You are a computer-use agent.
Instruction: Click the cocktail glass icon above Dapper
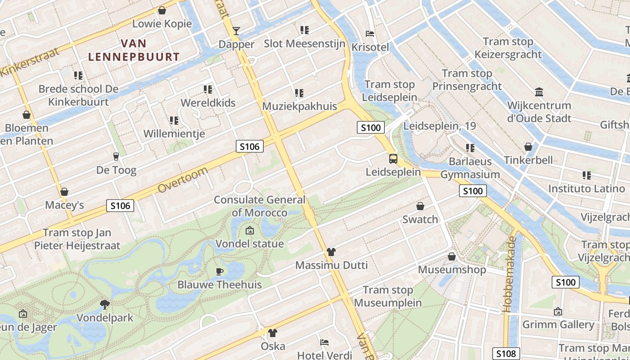(x=236, y=31)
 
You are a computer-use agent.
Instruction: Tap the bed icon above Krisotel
(x=370, y=33)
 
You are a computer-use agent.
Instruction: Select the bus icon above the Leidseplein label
(x=393, y=158)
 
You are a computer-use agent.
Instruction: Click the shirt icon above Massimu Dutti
(x=331, y=252)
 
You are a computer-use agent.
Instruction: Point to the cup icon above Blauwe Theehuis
(x=219, y=271)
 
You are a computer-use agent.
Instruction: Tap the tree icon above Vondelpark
(x=105, y=304)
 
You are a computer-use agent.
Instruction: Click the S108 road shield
(x=506, y=354)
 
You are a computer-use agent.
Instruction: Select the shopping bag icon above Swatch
(x=420, y=206)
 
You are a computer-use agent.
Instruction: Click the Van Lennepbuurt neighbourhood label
(x=134, y=50)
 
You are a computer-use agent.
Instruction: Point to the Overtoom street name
(x=183, y=180)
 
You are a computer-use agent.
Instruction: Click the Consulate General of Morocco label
(x=260, y=206)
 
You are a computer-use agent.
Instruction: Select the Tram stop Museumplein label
(x=388, y=296)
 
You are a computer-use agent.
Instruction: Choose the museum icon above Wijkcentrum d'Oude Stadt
(x=539, y=92)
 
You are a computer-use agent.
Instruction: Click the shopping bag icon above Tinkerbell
(x=528, y=147)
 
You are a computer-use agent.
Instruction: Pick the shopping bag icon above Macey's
(x=64, y=192)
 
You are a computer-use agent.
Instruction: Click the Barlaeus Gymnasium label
(x=470, y=168)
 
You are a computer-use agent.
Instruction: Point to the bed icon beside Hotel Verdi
(x=324, y=342)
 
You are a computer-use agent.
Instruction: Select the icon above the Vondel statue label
(x=249, y=230)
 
